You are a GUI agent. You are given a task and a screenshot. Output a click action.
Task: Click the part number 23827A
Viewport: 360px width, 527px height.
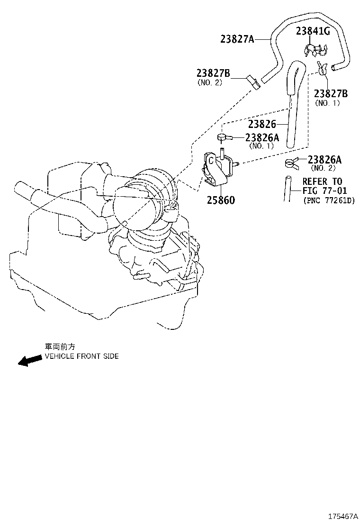[x=237, y=39]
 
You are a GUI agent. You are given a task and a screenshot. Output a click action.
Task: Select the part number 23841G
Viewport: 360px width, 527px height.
[x=313, y=31]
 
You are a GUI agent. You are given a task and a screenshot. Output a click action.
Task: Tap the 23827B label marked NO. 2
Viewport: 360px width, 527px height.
[x=213, y=73]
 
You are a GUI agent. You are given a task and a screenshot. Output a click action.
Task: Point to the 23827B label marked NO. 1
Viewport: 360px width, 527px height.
[x=331, y=93]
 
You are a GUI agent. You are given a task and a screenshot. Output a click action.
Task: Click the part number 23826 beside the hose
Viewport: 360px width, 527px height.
[x=261, y=124]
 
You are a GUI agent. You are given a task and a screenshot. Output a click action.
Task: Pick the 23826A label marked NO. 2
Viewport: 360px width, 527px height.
[x=324, y=160]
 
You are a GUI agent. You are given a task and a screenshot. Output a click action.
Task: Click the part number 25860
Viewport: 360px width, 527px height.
[x=220, y=200]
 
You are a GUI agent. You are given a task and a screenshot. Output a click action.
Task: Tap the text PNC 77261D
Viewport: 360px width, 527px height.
[x=328, y=200]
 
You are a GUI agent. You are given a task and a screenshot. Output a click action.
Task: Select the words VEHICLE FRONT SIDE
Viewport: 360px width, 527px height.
[x=81, y=356]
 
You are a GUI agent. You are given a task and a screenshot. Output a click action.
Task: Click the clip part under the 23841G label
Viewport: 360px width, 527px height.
[x=315, y=49]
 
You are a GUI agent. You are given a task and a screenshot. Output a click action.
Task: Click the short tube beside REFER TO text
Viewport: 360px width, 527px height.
[x=288, y=188]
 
